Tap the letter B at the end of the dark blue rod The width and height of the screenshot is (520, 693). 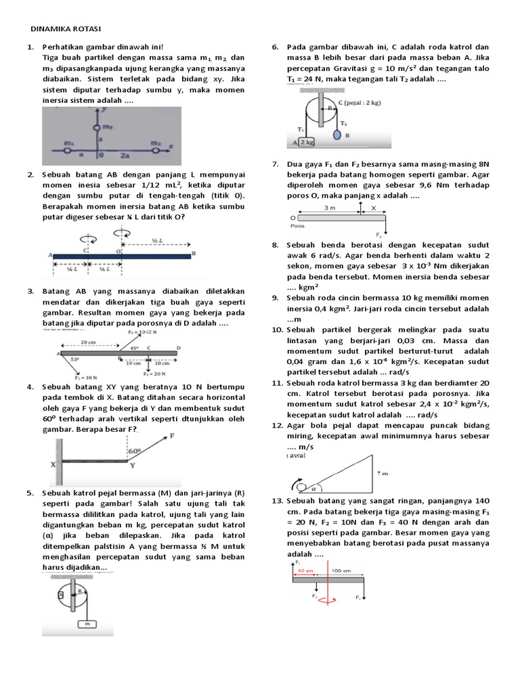[195, 254]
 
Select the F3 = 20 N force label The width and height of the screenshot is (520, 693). [155, 373]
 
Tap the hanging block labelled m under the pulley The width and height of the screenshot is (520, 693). [87, 623]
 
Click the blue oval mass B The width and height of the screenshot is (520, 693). [337, 135]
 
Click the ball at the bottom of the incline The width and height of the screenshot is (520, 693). [299, 484]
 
